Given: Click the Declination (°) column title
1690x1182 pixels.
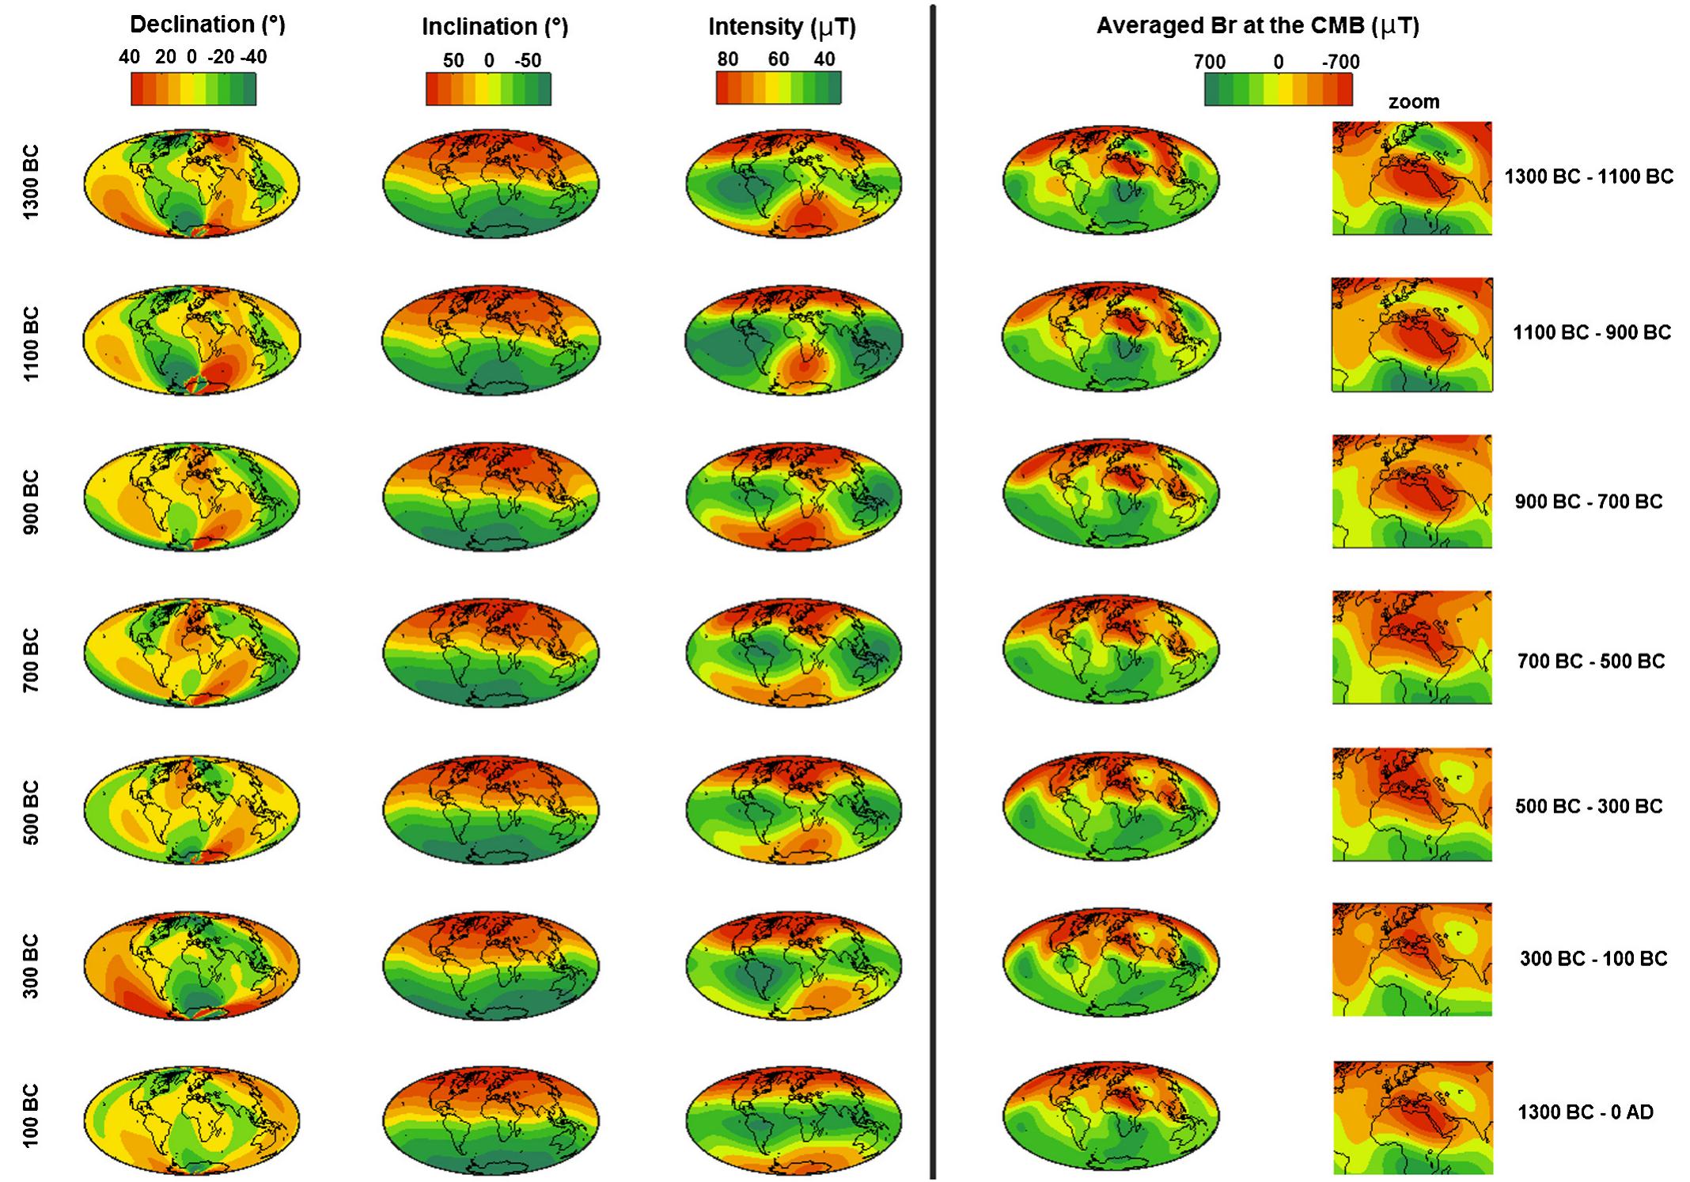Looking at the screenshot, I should click(207, 25).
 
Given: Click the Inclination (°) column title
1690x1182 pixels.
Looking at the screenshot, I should click(494, 27).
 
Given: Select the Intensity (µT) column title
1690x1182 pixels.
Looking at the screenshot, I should click(782, 27).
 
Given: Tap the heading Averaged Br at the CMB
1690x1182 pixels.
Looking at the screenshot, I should click(1257, 25).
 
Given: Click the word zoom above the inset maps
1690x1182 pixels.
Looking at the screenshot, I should click(1413, 102).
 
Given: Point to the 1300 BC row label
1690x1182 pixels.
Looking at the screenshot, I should click(29, 183).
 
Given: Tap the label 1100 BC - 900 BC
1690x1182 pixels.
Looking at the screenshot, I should click(1592, 332).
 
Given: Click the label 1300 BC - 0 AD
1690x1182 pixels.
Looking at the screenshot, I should click(1586, 1112).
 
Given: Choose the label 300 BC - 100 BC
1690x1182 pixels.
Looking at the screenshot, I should click(1593, 959).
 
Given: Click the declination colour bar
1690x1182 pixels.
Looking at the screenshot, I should click(193, 89).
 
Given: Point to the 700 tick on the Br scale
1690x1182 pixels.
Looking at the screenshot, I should click(1209, 62).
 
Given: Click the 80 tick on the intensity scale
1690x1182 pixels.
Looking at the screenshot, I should click(727, 59).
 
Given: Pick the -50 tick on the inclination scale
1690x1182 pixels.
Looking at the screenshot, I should click(528, 61).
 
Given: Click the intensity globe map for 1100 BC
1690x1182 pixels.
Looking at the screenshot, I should click(794, 341).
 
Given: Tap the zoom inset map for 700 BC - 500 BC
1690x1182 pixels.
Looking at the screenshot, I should click(1411, 647).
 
